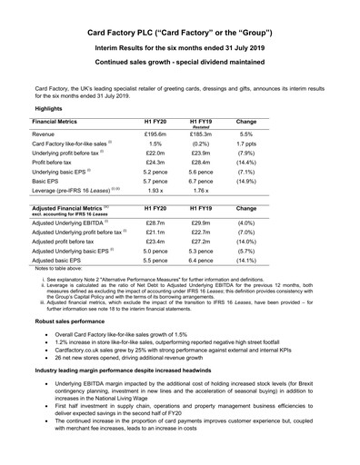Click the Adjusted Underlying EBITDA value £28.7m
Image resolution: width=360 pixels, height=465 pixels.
pyautogui.click(x=157, y=223)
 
